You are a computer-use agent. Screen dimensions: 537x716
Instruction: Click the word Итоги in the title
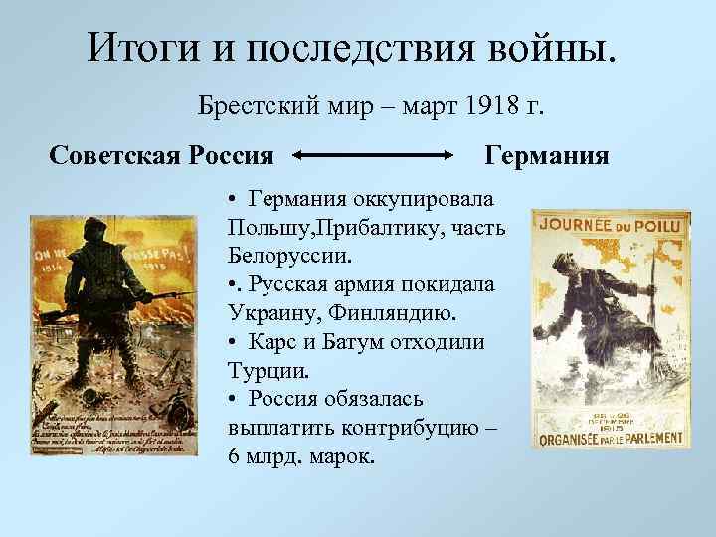[133, 46]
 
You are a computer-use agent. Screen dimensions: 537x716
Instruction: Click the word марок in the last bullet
[341, 456]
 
